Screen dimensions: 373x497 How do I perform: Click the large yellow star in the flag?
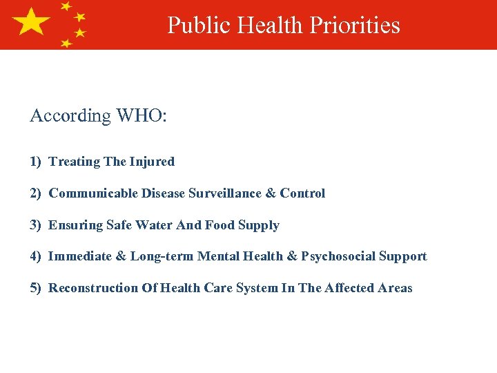coord(31,22)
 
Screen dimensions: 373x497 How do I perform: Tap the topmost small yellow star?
coord(66,6)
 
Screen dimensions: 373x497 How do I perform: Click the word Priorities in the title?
coord(355,25)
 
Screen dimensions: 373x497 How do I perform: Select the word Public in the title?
coord(199,25)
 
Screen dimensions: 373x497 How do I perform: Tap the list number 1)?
coord(36,162)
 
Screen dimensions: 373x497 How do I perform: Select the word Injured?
coord(153,162)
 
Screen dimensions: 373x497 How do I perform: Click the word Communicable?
coord(93,193)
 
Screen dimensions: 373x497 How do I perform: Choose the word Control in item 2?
coord(302,193)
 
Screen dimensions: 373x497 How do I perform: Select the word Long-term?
coord(162,256)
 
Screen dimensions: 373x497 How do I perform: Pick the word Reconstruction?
coord(93,288)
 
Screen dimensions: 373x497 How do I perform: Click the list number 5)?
coord(36,288)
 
